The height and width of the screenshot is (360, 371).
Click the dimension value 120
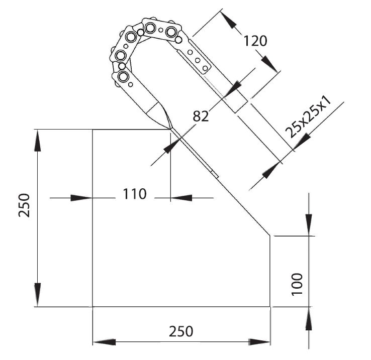(x=255, y=41)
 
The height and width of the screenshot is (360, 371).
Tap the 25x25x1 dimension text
(x=308, y=117)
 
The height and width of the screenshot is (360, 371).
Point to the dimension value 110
(x=134, y=194)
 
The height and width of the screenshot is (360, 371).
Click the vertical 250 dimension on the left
(x=25, y=205)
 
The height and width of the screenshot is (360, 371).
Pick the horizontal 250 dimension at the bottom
(x=180, y=331)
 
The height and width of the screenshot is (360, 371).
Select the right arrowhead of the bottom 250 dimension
(x=258, y=342)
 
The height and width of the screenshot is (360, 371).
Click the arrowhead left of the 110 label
(x=81, y=198)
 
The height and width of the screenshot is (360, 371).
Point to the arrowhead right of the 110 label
(x=181, y=198)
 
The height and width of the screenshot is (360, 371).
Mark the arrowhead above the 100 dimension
(x=309, y=221)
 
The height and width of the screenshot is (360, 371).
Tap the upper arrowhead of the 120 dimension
(x=229, y=21)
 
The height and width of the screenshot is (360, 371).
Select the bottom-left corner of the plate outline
(x=92, y=306)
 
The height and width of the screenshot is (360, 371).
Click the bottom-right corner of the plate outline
(x=270, y=306)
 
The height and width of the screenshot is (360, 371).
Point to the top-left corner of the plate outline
(x=92, y=130)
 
